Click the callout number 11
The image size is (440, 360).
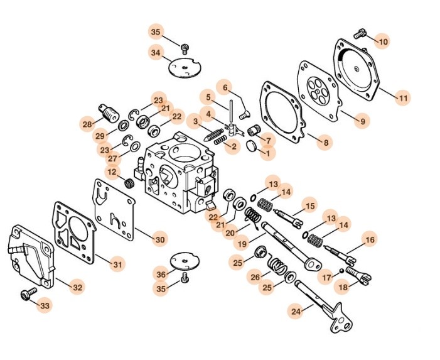[403, 98]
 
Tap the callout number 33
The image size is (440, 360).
[45, 305]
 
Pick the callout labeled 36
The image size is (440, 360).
[162, 274]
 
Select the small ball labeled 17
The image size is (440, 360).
[341, 271]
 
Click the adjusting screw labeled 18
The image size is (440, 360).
[355, 274]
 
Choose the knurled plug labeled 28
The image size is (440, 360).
[109, 114]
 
